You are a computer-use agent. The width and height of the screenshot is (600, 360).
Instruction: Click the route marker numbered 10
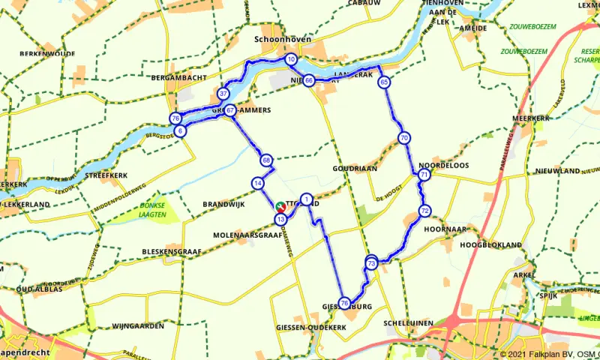[x=291, y=59]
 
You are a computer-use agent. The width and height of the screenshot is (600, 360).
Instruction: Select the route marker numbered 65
[x=384, y=82]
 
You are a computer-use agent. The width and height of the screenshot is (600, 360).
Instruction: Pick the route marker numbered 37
[x=223, y=94]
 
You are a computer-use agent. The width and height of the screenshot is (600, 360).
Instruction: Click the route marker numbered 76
[x=175, y=118]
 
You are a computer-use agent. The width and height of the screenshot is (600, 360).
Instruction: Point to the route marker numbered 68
[x=266, y=160]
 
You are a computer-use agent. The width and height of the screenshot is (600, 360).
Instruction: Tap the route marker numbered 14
[x=257, y=183]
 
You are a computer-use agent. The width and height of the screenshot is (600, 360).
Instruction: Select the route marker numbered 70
[x=404, y=138]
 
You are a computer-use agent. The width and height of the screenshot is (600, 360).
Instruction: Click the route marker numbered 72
[x=424, y=211]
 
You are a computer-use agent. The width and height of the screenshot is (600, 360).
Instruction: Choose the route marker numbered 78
[x=344, y=303]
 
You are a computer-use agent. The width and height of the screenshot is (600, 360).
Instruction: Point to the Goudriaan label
[x=355, y=169]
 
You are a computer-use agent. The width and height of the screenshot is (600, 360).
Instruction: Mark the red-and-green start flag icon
[x=280, y=206]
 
